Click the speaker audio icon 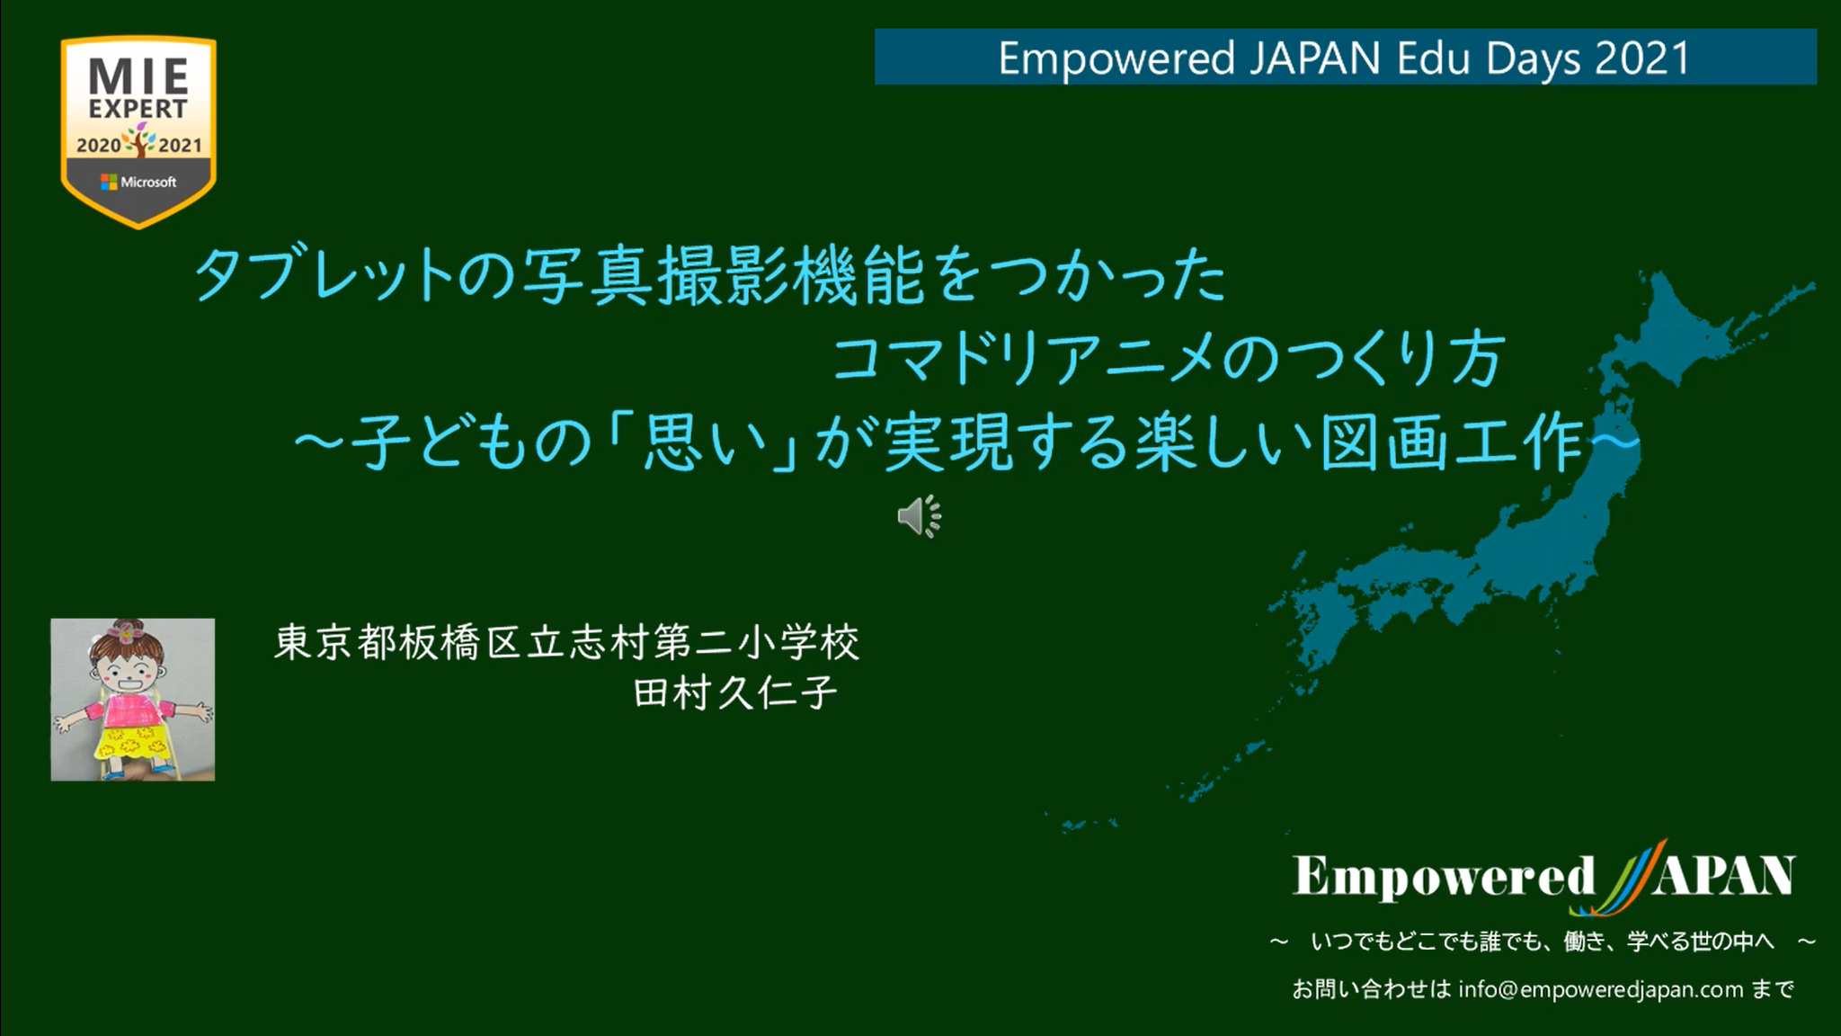click(x=919, y=516)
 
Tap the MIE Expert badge click(x=138, y=131)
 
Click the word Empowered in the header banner click(x=1116, y=59)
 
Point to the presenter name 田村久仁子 click(x=735, y=692)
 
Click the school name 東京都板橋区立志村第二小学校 click(x=566, y=642)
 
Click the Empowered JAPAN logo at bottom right click(x=1544, y=876)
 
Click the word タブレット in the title click(x=325, y=277)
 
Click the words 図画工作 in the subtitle click(x=1451, y=442)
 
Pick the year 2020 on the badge click(x=99, y=145)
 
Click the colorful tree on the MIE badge click(x=139, y=140)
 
